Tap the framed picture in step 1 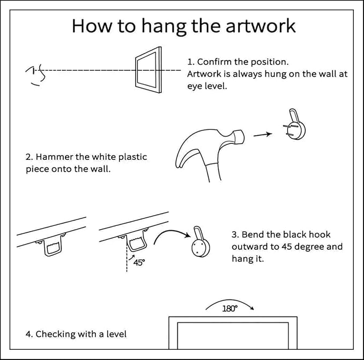[147, 70]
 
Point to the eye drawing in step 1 [35, 74]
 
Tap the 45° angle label [138, 263]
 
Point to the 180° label [229, 309]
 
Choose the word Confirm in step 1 [214, 62]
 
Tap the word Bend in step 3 [252, 235]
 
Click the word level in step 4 [116, 334]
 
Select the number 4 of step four [28, 334]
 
